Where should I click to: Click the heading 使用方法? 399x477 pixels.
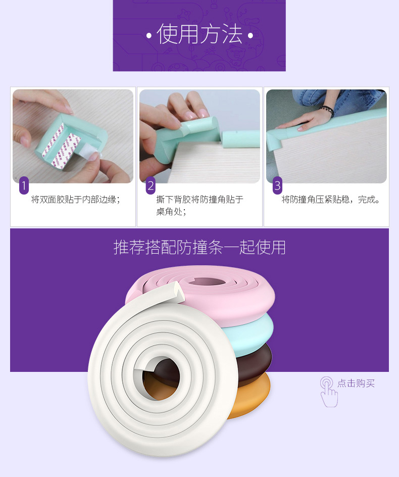pyautogui.click(x=199, y=34)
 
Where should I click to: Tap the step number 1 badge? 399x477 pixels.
pyautogui.click(x=24, y=185)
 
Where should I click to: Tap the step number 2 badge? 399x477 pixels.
pyautogui.click(x=151, y=185)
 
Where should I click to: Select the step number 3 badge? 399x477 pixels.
pyautogui.click(x=277, y=185)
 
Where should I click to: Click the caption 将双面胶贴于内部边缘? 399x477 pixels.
pyautogui.click(x=75, y=200)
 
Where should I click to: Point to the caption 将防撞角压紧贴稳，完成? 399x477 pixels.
pyautogui.click(x=331, y=200)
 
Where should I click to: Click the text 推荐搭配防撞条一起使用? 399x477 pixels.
pyautogui.click(x=199, y=247)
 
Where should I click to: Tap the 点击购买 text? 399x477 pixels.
pyautogui.click(x=356, y=384)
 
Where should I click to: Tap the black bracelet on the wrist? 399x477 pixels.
pyautogui.click(x=328, y=111)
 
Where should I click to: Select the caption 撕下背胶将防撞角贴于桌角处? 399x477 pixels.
pyautogui.click(x=199, y=205)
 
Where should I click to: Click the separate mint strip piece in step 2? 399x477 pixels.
pyautogui.click(x=241, y=139)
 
